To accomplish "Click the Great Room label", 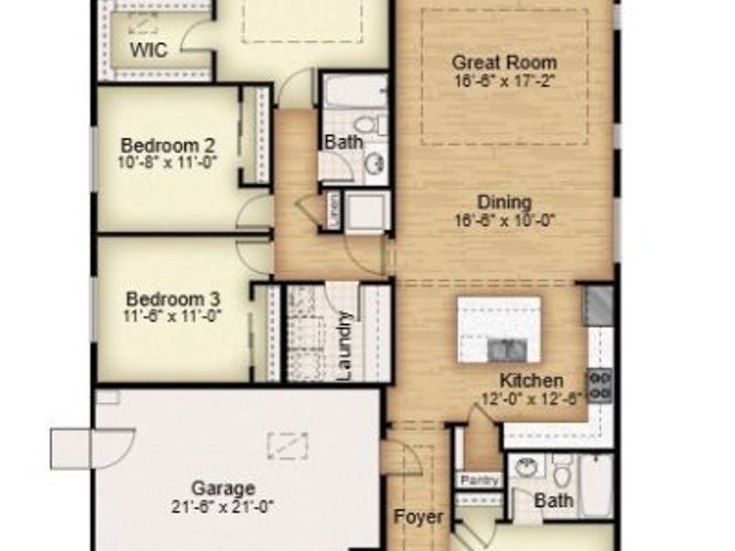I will [x=504, y=62].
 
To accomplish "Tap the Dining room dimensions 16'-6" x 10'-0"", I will [x=504, y=220].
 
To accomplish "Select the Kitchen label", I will [x=531, y=380].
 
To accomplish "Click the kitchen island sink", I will [x=506, y=349].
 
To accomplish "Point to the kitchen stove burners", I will [x=600, y=384].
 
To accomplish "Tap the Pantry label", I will [x=480, y=480].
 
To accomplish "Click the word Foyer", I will [x=419, y=517].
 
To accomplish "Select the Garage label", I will [x=223, y=488].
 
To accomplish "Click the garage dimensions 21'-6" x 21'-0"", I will [x=223, y=506].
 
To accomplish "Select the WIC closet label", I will [x=149, y=50].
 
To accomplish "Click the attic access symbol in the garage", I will [x=288, y=445].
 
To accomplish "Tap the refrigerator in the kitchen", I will [x=599, y=304].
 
